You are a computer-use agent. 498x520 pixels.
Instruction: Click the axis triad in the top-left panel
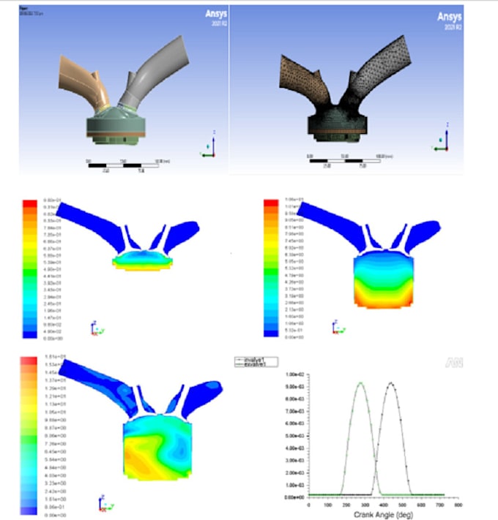(207, 148)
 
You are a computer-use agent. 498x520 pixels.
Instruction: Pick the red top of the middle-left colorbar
(29, 203)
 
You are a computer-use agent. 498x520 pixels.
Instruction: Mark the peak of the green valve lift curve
(360, 383)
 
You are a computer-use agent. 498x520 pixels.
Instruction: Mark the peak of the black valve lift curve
(391, 383)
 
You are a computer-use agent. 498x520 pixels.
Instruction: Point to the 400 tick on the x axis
(384, 504)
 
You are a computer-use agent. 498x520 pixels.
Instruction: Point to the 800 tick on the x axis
(458, 504)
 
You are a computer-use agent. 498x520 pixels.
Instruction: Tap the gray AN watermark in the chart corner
(453, 362)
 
